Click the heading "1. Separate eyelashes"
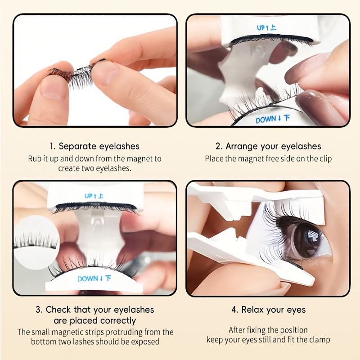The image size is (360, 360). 94,146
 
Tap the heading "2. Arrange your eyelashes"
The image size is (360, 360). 268,146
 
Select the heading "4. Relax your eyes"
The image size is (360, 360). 268,310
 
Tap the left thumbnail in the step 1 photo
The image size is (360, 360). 51,87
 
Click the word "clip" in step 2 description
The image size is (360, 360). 324,159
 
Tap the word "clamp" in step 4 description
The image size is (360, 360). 319,340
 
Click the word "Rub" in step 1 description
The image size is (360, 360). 35,159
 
